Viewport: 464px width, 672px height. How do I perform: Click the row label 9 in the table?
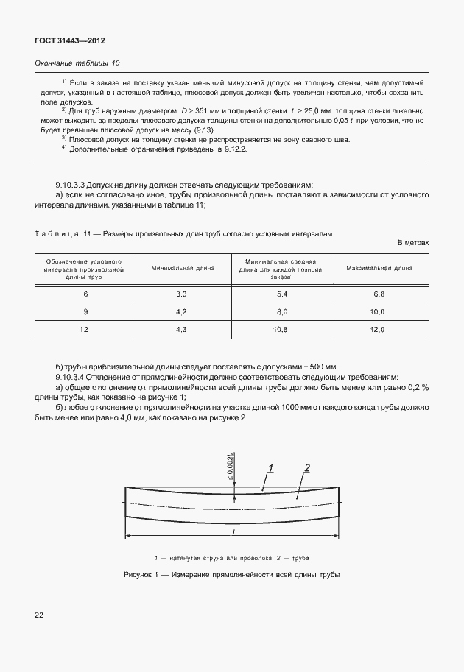[85, 311]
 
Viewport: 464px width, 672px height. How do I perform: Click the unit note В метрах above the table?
[412, 242]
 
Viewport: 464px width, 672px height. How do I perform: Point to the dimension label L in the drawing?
[233, 531]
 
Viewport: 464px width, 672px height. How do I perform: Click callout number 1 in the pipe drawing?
[271, 468]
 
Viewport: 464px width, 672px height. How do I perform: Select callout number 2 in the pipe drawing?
[306, 468]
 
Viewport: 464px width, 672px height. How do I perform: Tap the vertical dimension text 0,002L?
[231, 465]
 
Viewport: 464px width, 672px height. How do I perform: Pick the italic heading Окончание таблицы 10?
[77, 64]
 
